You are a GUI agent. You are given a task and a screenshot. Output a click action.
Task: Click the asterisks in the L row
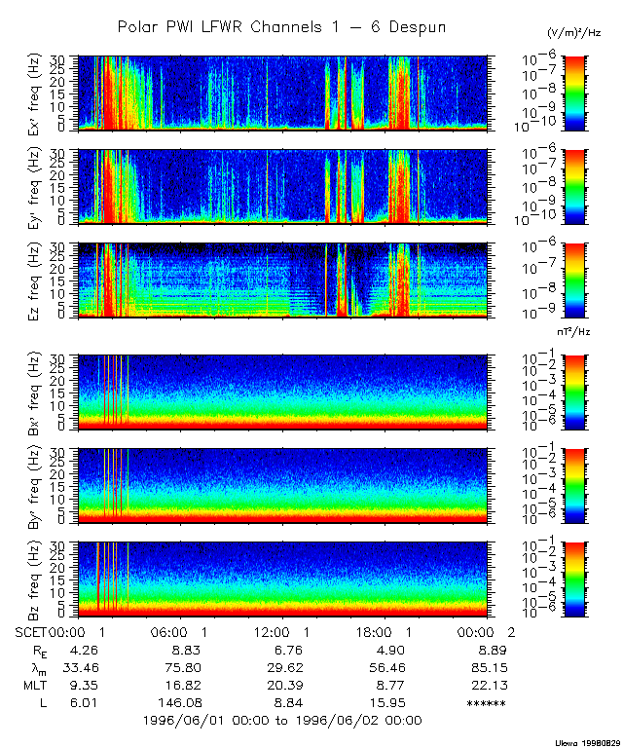click(x=486, y=702)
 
